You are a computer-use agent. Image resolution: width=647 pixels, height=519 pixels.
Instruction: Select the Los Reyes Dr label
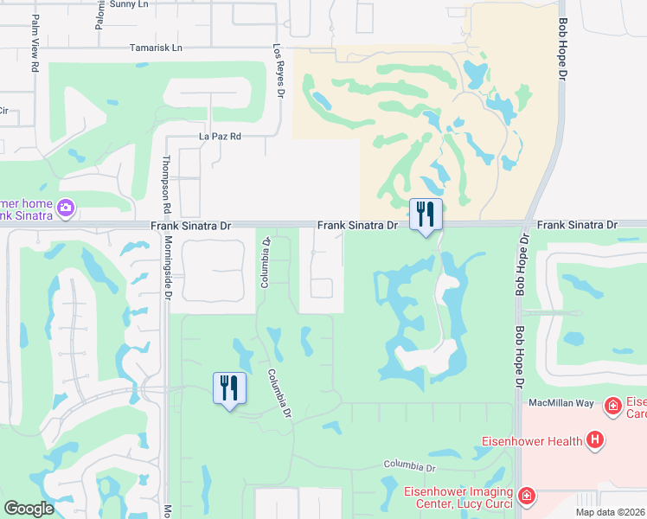279,71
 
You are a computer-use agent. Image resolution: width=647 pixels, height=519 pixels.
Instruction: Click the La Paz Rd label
220,137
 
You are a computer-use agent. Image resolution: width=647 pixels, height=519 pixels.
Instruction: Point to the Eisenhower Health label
531,441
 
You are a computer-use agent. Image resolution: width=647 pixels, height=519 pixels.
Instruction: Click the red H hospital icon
594,440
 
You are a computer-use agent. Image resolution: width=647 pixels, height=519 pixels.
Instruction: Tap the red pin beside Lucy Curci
526,497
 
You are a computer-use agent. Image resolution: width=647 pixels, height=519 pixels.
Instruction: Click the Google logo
29,509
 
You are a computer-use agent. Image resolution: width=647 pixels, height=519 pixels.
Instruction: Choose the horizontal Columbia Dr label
408,467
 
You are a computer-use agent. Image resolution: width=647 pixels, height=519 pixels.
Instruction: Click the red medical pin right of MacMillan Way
612,405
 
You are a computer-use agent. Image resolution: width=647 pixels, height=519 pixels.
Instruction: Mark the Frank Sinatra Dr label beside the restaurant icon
356,225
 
